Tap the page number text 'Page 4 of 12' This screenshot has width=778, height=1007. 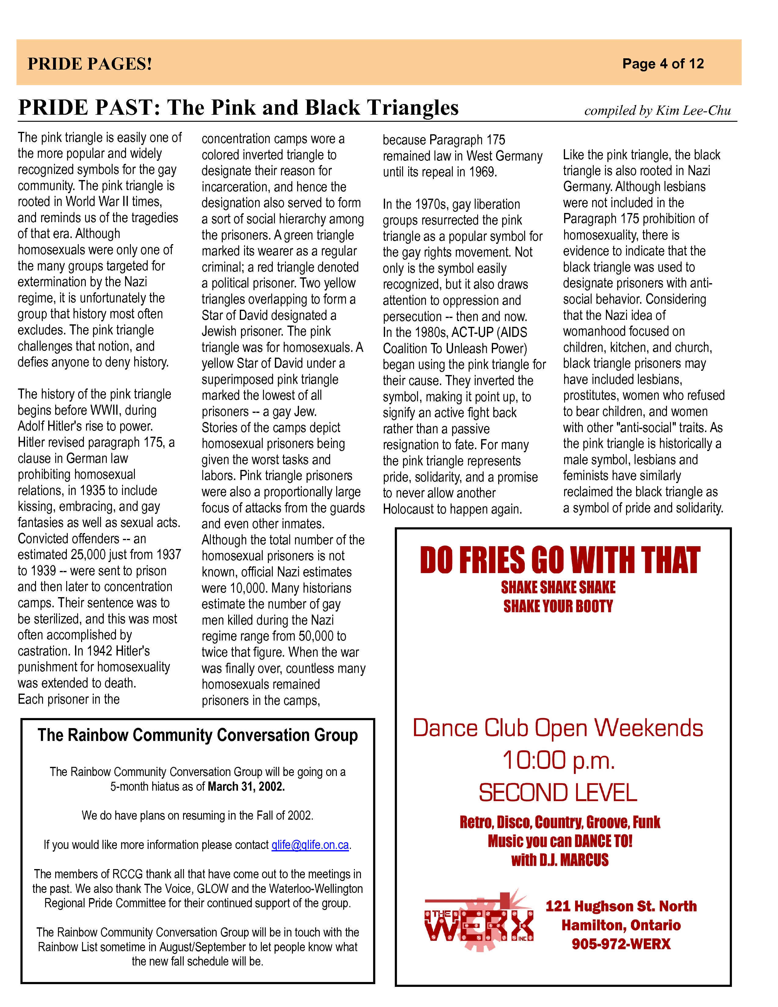click(663, 64)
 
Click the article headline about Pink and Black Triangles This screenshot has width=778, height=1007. click(238, 107)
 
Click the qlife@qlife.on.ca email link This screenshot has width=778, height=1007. click(310, 845)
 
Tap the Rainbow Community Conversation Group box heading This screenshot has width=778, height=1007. click(198, 735)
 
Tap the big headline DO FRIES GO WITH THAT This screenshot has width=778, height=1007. click(560, 560)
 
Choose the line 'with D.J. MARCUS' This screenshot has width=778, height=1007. click(560, 860)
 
